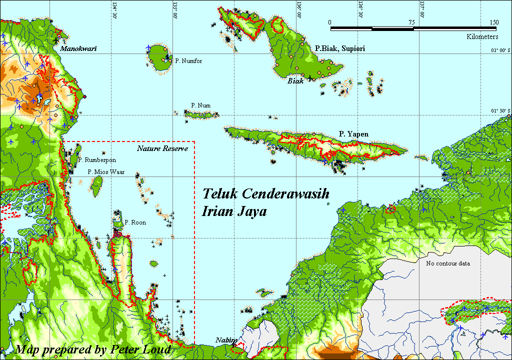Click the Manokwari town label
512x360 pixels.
coord(78,49)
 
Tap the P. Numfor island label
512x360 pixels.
coord(188,61)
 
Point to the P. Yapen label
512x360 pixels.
coord(353,134)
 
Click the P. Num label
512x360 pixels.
coord(200,105)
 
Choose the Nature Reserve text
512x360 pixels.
coord(162,148)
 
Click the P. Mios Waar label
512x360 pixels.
coord(106,172)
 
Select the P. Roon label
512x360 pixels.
coord(135,222)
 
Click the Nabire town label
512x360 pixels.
coord(226,340)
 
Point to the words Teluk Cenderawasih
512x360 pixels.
coord(265,194)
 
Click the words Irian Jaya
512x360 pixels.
coord(234,211)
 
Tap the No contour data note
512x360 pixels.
coord(448,263)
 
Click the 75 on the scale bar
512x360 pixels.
coord(411,22)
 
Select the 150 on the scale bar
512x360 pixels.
coord(493,22)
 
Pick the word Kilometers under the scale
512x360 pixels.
coord(482,37)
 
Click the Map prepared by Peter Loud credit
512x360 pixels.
coord(93,349)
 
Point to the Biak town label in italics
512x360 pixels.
coord(295,81)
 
